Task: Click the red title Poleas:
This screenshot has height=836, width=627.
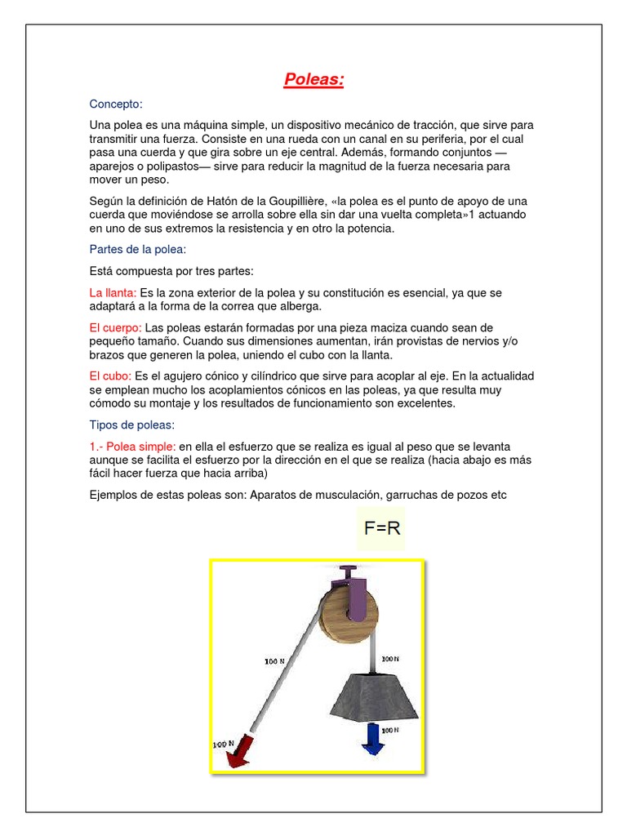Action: coord(314,79)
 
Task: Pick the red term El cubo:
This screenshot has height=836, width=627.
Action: coord(111,376)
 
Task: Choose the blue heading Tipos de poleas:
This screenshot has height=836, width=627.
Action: coord(131,425)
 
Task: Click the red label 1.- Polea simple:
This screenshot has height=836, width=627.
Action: coord(132,447)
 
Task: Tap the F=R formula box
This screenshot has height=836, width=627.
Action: coord(382,529)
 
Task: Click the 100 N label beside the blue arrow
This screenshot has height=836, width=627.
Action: coord(390,730)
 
